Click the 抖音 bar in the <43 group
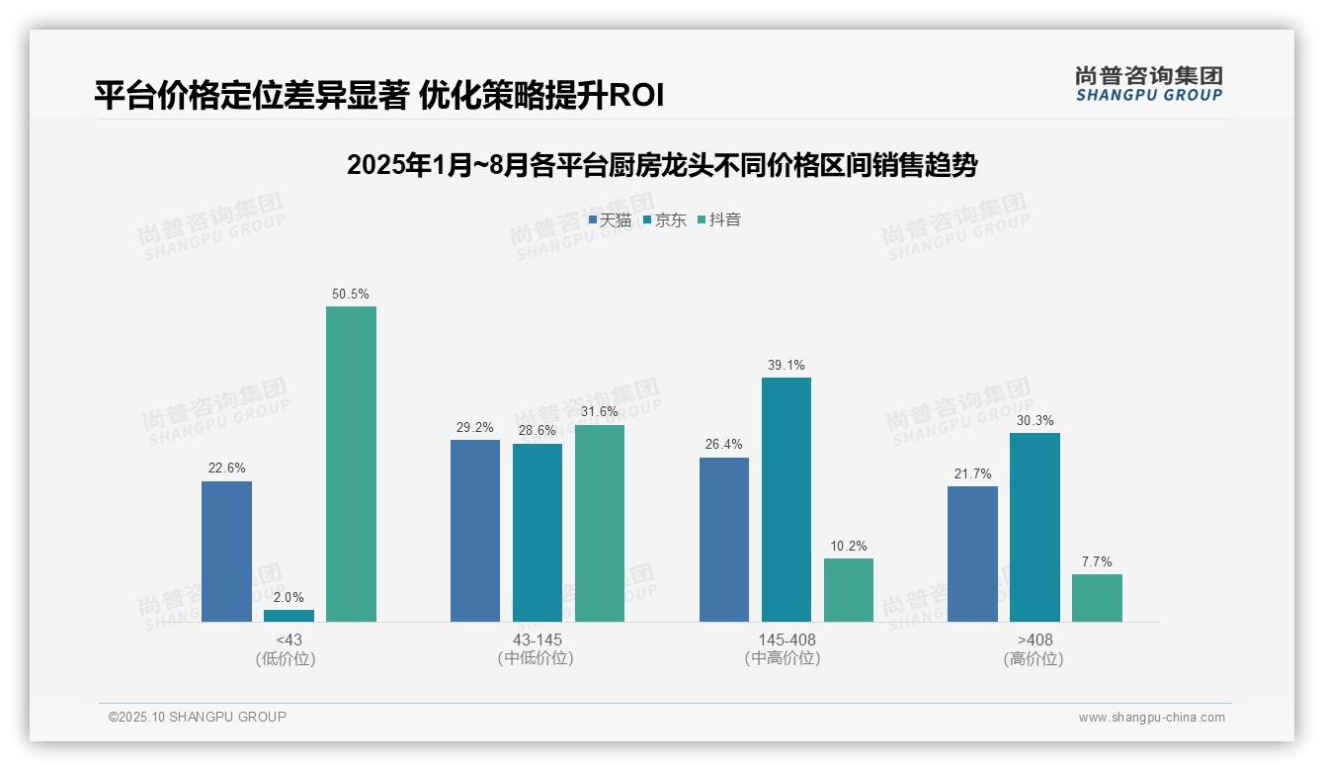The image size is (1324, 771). (x=351, y=465)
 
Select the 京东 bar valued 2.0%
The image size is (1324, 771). (x=289, y=616)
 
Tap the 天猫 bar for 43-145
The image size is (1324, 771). (x=475, y=531)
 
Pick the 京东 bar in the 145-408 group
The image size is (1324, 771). (x=786, y=499)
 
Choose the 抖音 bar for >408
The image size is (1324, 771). (x=1097, y=598)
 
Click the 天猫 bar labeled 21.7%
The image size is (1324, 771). (x=972, y=554)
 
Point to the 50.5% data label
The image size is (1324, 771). (x=351, y=295)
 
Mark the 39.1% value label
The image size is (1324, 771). (x=786, y=366)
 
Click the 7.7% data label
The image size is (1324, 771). (x=1097, y=562)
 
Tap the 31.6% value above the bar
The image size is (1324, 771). (x=600, y=412)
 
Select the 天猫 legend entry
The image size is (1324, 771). (x=610, y=220)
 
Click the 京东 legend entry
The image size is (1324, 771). (x=665, y=220)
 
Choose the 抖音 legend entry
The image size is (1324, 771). (x=719, y=220)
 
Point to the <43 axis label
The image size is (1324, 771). (x=289, y=641)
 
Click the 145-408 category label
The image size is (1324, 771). (x=786, y=641)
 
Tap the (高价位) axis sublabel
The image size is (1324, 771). (x=1034, y=659)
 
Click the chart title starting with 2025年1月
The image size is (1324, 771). (x=661, y=165)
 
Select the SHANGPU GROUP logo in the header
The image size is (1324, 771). (x=1148, y=84)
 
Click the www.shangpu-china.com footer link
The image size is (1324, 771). (x=1151, y=718)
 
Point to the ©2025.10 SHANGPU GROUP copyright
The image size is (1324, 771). (x=198, y=718)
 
